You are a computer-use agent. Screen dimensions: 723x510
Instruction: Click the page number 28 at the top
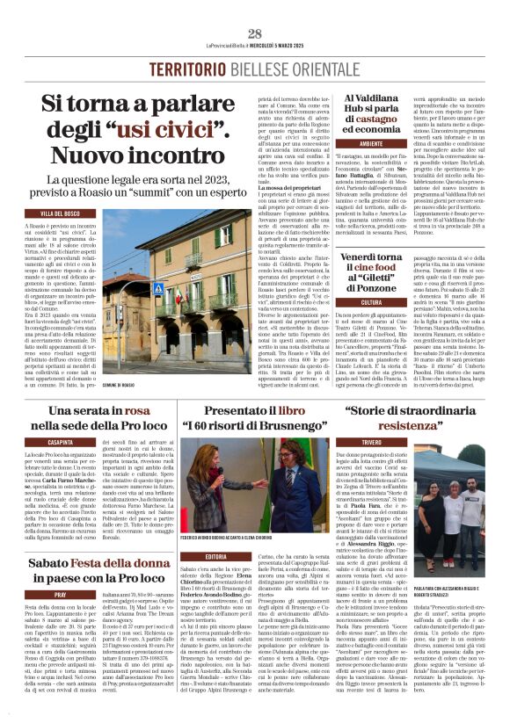click(x=254, y=33)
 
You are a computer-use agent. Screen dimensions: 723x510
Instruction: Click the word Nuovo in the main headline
click(x=96, y=155)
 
